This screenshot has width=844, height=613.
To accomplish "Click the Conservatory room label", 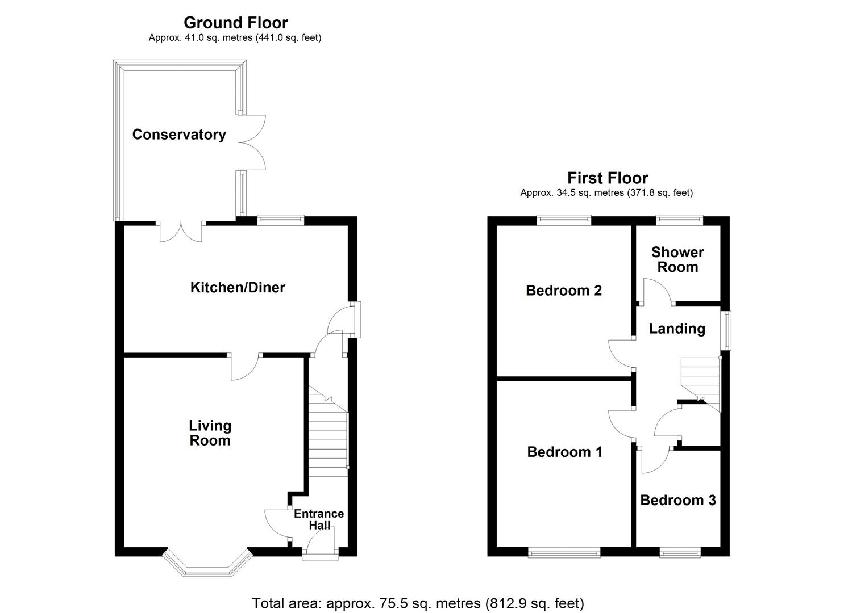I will point(179,135).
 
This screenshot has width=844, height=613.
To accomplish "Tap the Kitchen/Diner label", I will point(238,287).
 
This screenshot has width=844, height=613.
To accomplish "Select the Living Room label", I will point(210,433).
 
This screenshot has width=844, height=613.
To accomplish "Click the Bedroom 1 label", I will point(564,452).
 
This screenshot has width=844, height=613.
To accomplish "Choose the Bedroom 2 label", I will point(564,291).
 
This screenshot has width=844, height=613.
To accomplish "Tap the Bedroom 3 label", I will point(678,500).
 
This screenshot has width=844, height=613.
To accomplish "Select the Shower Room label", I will point(677,259).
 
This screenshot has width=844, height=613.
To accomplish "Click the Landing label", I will point(677,329).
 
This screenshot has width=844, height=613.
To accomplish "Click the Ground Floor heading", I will point(235,23).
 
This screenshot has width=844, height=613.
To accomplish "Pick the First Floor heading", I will point(607,178).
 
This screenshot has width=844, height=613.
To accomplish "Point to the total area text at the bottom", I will point(418,603).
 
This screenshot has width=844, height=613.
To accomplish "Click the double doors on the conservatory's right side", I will point(252,142).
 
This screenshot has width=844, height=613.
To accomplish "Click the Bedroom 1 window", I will point(564,552).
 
